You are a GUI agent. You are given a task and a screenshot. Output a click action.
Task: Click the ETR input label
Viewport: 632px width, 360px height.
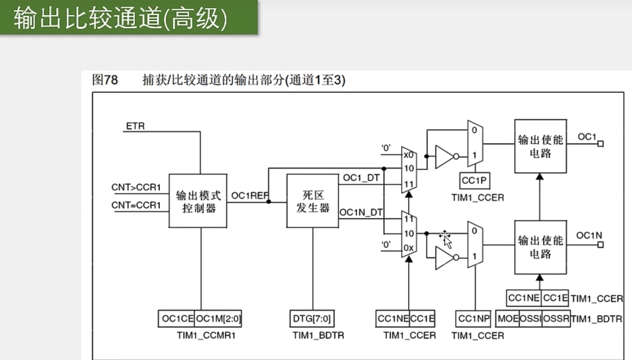pos(135,126)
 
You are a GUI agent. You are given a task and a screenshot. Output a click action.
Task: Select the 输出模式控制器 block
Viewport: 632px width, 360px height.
pos(198,201)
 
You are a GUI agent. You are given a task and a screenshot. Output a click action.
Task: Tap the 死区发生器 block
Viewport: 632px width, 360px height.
pos(312,201)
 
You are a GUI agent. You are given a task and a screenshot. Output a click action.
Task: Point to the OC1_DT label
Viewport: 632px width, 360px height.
pos(361,178)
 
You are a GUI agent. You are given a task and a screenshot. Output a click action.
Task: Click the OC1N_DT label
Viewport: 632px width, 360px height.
pos(361,212)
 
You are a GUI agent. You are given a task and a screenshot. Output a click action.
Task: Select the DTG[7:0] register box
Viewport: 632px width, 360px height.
pos(312,319)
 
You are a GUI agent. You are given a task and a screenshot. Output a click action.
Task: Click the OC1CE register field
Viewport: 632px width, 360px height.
pos(177,319)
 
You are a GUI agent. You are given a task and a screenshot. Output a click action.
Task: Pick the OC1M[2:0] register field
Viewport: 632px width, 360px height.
pos(218,319)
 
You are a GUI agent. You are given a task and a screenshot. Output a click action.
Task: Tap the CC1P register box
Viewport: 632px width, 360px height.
pos(474,181)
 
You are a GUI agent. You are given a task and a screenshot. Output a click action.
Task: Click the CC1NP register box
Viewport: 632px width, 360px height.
pos(474,319)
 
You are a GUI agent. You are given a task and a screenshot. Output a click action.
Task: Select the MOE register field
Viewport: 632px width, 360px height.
pos(508,319)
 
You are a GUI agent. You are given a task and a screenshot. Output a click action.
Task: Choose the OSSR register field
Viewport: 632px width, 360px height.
pos(556,319)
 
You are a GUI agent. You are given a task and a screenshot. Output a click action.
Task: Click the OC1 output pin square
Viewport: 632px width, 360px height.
pos(601,144)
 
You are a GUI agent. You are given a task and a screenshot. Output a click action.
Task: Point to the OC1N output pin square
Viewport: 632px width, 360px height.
pos(601,245)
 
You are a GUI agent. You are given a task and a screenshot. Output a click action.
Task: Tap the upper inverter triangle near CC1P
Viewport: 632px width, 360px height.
pos(444,157)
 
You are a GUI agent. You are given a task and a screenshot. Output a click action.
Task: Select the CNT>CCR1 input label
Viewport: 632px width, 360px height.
pos(136,187)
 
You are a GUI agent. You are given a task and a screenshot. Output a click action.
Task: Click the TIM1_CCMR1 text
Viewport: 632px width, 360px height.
pos(206,336)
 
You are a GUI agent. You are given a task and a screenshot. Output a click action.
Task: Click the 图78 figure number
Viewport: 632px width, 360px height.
pos(105,80)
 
